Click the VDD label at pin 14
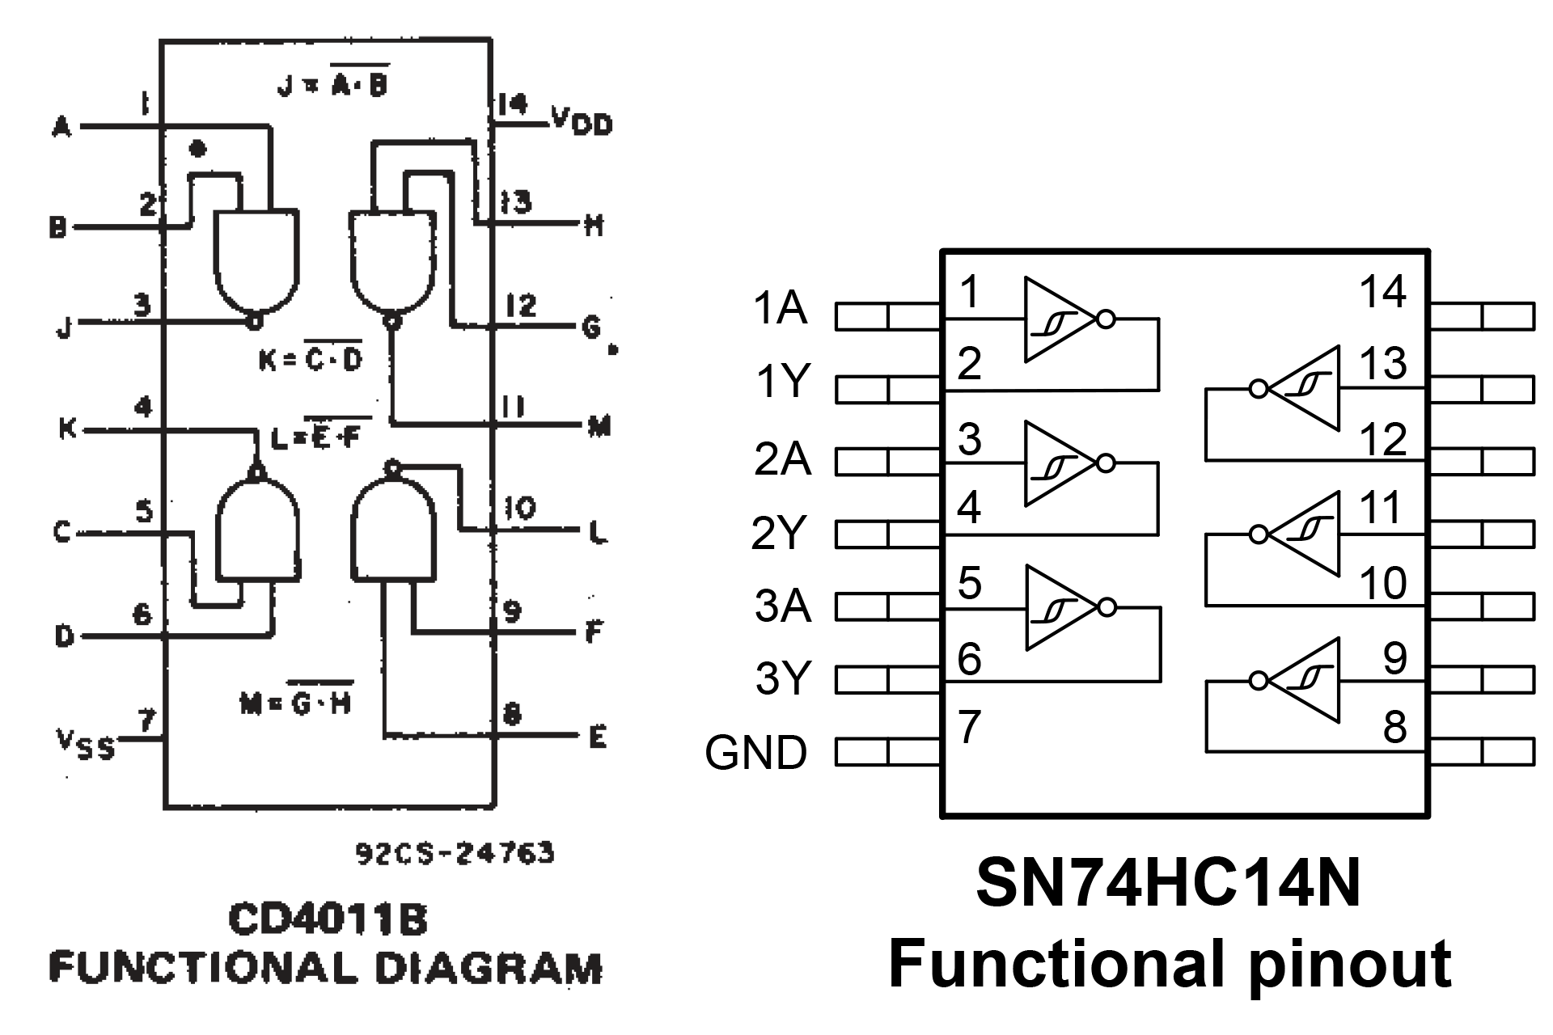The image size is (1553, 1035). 582,120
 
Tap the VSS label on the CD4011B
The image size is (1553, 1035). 85,743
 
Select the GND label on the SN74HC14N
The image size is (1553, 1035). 755,753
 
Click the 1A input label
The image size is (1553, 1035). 780,308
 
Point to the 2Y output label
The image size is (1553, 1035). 779,533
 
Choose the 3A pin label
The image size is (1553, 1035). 782,606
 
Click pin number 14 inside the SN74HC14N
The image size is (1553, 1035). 1382,291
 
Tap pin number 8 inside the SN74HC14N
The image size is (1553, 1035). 1394,726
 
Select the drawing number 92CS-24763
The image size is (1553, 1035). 455,853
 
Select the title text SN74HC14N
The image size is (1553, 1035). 1168,884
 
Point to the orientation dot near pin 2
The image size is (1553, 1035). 197,149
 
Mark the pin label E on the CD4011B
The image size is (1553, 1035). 597,737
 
